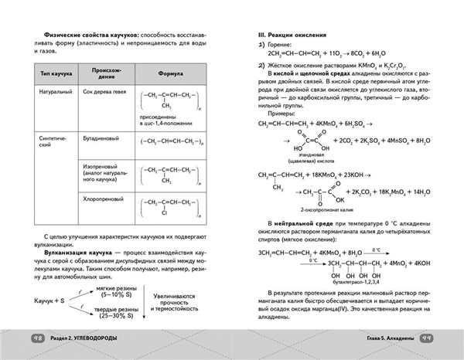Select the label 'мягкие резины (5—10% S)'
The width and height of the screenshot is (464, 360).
point(114,291)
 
